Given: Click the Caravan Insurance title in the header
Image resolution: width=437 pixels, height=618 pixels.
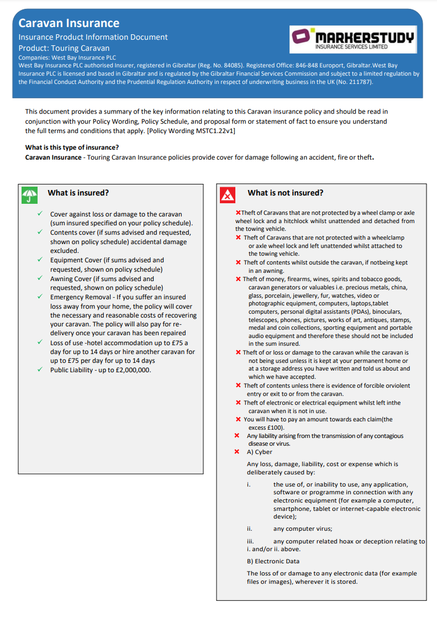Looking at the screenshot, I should pyautogui.click(x=69, y=23).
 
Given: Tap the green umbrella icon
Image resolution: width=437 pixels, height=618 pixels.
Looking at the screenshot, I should pyautogui.click(x=30, y=194).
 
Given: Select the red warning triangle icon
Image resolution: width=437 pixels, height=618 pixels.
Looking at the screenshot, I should pyautogui.click(x=228, y=194).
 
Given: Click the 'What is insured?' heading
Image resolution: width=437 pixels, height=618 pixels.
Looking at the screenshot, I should pyautogui.click(x=78, y=193).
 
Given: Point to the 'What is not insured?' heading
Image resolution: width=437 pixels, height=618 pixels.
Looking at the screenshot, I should pyautogui.click(x=286, y=193).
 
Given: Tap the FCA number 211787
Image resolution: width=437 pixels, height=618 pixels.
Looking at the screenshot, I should pyautogui.click(x=358, y=82).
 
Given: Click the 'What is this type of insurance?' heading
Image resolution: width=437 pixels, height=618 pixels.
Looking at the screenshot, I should pyautogui.click(x=72, y=147).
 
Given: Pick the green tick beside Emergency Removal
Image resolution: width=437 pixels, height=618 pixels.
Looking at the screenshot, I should pyautogui.click(x=40, y=297).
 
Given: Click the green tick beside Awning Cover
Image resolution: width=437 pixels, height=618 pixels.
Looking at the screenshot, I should pyautogui.click(x=40, y=278).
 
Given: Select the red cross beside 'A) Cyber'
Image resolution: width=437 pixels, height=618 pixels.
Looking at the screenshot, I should pyautogui.click(x=237, y=452).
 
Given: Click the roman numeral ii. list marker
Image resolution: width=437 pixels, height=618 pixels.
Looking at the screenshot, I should pyautogui.click(x=250, y=529).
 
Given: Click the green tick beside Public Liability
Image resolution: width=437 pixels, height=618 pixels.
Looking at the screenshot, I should pyautogui.click(x=40, y=369).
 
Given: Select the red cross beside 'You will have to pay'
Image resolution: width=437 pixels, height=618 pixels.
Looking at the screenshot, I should pyautogui.click(x=238, y=419).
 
